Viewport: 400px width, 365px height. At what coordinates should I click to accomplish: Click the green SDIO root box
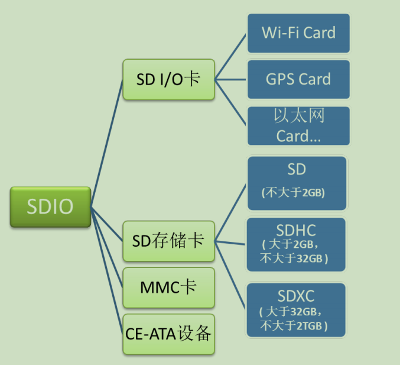click(x=50, y=206)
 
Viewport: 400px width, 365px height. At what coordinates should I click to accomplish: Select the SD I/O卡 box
click(x=168, y=79)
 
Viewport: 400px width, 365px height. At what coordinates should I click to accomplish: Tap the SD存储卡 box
click(x=168, y=241)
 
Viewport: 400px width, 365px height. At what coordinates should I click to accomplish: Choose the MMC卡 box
click(x=168, y=288)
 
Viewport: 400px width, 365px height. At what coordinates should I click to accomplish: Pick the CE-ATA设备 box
click(x=168, y=334)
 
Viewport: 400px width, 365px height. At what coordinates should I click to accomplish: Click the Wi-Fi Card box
click(x=298, y=33)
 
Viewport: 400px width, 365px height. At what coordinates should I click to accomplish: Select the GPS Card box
click(x=298, y=79)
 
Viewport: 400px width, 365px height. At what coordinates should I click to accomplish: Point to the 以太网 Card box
click(x=298, y=125)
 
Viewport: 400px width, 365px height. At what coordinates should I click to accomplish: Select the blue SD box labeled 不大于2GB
click(x=296, y=183)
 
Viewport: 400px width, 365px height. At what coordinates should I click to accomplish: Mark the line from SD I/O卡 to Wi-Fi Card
click(x=230, y=56)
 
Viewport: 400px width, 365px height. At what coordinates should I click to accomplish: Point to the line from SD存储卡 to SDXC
click(x=230, y=276)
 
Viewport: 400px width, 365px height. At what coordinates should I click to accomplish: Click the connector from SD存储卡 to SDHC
click(x=230, y=242)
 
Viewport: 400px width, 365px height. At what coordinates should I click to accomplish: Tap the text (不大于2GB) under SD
click(x=294, y=193)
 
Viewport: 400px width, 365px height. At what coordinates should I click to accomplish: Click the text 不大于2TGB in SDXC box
click(x=294, y=325)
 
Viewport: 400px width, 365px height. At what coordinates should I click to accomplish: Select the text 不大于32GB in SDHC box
click(x=294, y=259)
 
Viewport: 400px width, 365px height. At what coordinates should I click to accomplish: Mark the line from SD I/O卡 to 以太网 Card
click(x=230, y=102)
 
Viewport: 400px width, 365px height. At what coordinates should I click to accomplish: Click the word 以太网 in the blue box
click(x=299, y=115)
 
